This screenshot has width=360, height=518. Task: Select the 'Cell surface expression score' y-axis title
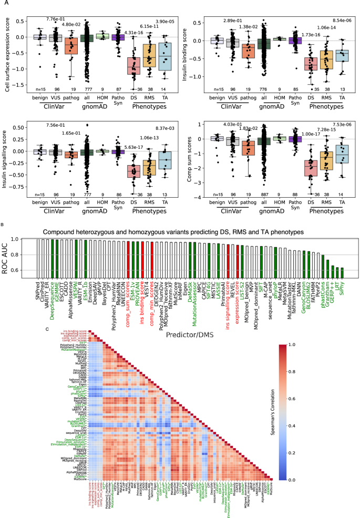7,52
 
